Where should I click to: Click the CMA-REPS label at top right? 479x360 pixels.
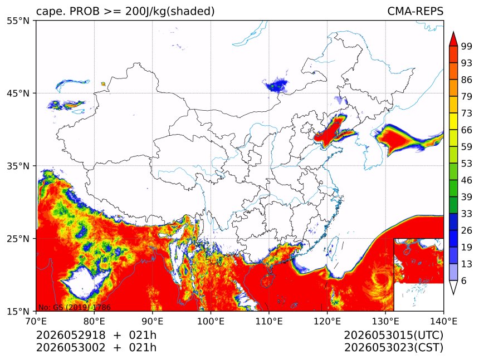[415, 11]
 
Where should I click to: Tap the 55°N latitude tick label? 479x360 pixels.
[18, 21]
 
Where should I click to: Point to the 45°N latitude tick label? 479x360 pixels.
[18, 93]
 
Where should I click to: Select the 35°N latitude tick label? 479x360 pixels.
[18, 166]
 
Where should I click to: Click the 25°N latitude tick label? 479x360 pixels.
[18, 238]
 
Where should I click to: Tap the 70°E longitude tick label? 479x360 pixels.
[36, 320]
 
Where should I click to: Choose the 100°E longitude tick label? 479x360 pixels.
[211, 320]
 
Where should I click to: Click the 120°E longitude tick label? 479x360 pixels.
[327, 320]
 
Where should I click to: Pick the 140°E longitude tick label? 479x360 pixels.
[443, 320]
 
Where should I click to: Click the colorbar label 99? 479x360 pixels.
[467, 46]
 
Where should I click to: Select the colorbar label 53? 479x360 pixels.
[467, 164]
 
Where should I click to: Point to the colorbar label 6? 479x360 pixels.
[464, 280]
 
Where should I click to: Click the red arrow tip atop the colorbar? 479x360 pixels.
[453, 32]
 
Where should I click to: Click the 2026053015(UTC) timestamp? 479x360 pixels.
[393, 336]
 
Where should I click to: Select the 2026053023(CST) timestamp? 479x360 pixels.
[393, 348]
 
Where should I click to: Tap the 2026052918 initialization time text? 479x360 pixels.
[71, 335]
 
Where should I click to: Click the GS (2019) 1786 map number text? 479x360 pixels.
[81, 307]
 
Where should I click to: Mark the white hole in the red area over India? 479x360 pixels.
[84, 282]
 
